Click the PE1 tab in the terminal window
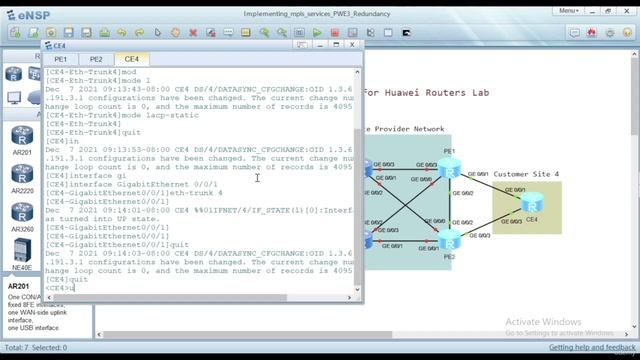click(x=61, y=59)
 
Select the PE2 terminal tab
click(x=96, y=59)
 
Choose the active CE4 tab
click(x=131, y=59)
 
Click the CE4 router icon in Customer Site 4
click(x=530, y=204)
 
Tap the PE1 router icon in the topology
click(x=448, y=168)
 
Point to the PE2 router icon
click(x=449, y=239)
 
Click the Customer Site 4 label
click(x=526, y=174)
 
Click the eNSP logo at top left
click(x=29, y=11)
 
